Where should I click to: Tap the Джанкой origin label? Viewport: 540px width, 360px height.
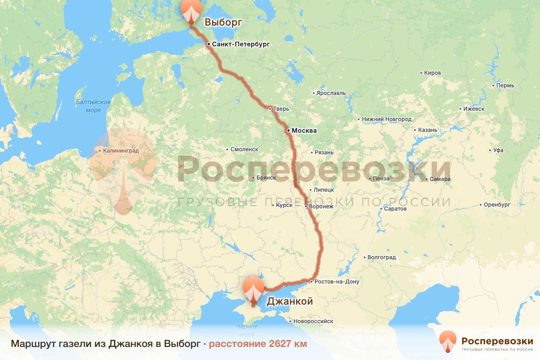[x=290, y=301]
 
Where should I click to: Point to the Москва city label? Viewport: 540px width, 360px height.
[x=304, y=131]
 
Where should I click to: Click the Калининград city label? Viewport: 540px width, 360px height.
[x=121, y=151]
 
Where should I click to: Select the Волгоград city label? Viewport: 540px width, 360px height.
[x=381, y=258]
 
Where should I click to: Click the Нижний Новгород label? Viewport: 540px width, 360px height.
[x=387, y=119]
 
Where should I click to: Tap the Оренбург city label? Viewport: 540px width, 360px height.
[x=497, y=205]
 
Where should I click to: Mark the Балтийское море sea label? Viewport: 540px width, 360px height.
[x=93, y=106]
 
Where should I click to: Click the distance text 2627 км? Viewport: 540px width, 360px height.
[x=258, y=344]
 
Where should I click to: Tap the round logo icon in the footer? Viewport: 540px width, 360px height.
[x=448, y=340]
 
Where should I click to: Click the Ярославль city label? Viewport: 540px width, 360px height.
[x=330, y=93]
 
